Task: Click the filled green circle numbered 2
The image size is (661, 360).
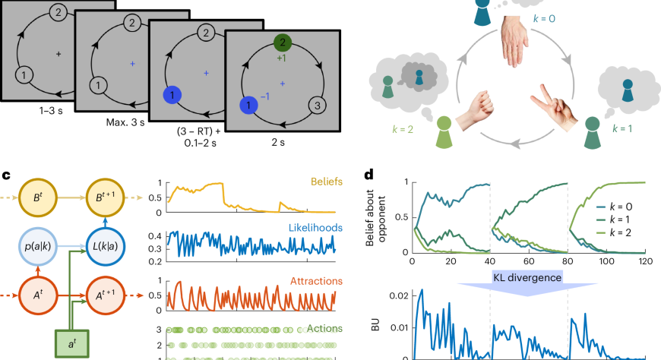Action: [282, 43]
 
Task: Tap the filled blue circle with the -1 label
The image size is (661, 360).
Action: [248, 105]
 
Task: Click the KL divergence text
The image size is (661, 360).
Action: [528, 278]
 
